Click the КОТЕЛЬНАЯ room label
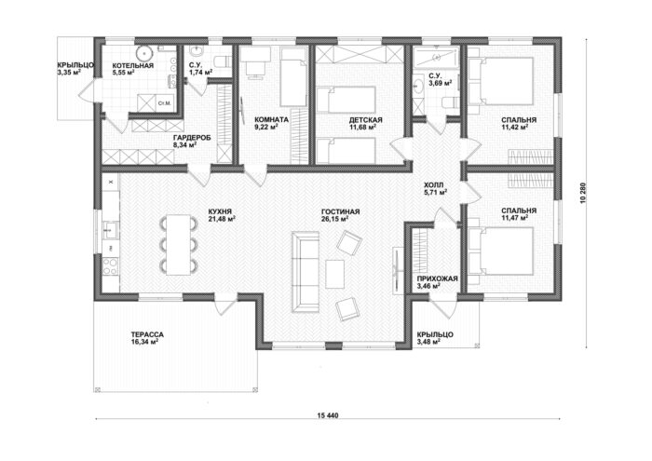point(133,66)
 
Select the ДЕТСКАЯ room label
point(365,120)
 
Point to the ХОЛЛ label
point(434,185)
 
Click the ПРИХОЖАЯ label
point(437,278)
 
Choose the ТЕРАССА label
point(147,334)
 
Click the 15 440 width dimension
point(328,415)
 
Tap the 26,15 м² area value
point(334,219)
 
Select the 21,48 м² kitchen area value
point(222,219)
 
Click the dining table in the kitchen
point(179,244)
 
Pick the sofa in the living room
point(305,271)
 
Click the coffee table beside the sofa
point(334,274)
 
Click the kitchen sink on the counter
point(111,230)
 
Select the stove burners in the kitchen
point(110,266)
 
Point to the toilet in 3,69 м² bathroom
point(450,102)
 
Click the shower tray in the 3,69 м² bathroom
point(437,56)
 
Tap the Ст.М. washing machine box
point(165,102)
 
